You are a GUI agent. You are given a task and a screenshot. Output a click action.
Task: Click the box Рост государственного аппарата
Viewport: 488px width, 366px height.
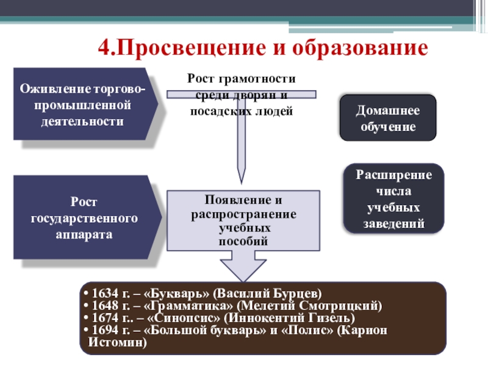pos(84,218)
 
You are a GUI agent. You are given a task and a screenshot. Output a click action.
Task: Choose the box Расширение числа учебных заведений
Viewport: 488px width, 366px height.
pos(395,199)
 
